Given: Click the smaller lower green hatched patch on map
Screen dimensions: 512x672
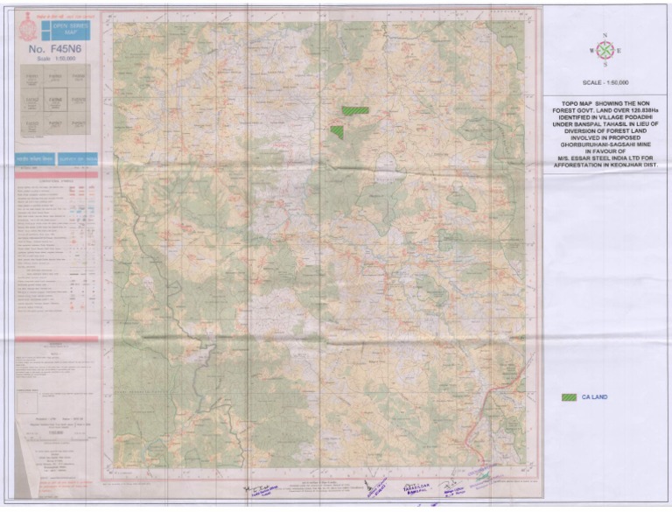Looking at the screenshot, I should coord(336,131).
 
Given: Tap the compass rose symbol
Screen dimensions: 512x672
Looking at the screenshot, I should coord(605,51).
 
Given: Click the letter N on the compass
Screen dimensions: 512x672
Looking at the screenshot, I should coord(605,36).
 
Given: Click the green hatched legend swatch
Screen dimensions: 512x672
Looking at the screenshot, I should coord(570,396).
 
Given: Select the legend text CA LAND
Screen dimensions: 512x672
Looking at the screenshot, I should coord(595,396).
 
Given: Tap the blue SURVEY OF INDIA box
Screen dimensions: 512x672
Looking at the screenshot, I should coord(80,158).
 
